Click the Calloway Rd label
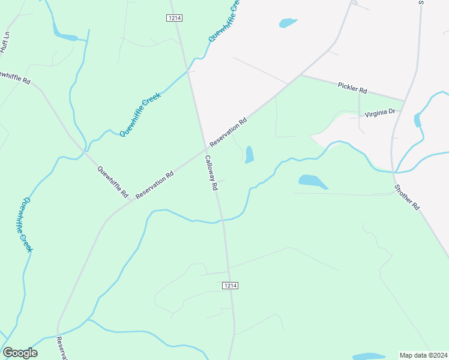210,173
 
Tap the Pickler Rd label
352,88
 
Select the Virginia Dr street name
381,112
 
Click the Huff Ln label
5,43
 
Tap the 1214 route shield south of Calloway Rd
231,286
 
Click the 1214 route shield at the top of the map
174,18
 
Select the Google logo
20,353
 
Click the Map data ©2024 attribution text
423,355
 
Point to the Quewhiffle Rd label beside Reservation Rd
113,182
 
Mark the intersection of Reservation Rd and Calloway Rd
207,148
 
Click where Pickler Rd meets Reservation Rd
300,76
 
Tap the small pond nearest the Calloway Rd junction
249,155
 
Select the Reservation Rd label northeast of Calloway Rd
229,130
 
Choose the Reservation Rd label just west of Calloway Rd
155,184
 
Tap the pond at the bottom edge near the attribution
367,356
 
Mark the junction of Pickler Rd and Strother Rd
403,100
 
